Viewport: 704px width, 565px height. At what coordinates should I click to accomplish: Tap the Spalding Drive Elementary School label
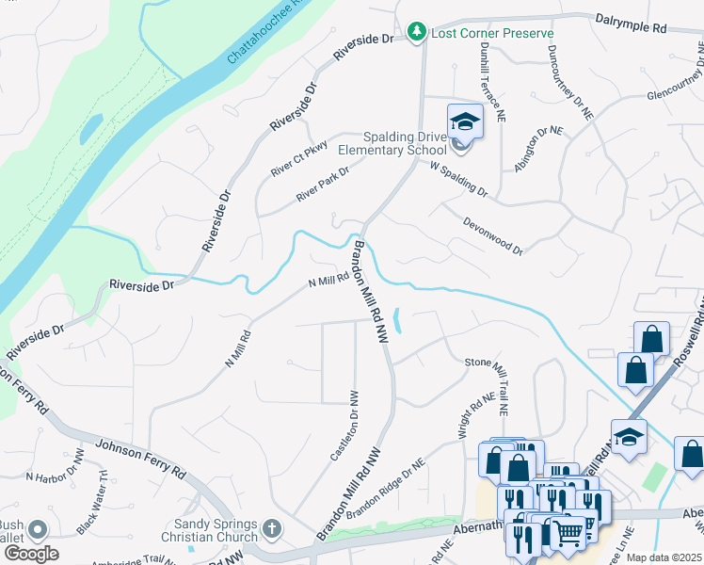(x=392, y=143)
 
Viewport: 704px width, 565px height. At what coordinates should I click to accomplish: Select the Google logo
(x=31, y=553)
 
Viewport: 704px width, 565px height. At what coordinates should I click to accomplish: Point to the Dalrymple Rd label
(x=631, y=24)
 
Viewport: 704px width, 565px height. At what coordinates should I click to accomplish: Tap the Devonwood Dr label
(x=491, y=235)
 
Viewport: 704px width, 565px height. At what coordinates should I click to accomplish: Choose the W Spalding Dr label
(x=458, y=179)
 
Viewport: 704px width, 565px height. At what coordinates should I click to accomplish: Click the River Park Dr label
(x=322, y=184)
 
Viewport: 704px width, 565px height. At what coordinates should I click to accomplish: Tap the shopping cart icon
(x=568, y=534)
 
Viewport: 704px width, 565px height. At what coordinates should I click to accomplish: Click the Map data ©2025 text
(x=664, y=557)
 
